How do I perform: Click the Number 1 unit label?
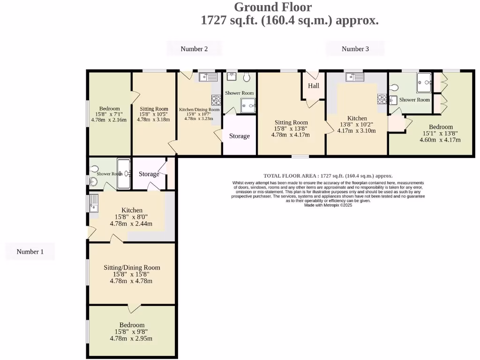point(30,252)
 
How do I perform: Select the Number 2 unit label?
point(194,49)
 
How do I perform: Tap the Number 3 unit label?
point(355,49)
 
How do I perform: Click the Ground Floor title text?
point(272,7)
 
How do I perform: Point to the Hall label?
point(314,86)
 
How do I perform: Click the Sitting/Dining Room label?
point(132,268)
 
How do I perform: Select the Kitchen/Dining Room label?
point(199,110)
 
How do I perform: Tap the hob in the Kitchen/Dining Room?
point(217,100)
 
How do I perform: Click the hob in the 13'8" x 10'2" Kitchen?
point(382,99)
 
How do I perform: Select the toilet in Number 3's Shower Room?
point(394,88)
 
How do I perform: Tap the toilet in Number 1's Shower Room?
point(94,169)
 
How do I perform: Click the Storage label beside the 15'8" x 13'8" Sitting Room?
point(239,136)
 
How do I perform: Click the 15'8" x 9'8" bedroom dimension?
point(131,332)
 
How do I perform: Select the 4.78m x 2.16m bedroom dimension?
point(109,120)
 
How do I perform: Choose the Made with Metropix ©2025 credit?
point(328,205)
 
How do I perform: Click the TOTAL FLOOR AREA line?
point(328,176)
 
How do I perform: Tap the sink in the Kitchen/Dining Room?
point(208,77)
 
